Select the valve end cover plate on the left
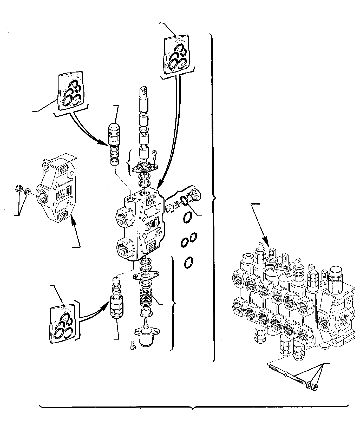pos(58,192)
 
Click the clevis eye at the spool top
pos(144,90)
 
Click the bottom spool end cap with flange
pos(146,337)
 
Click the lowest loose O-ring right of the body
pos(188,263)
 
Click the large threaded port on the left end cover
pos(43,193)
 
